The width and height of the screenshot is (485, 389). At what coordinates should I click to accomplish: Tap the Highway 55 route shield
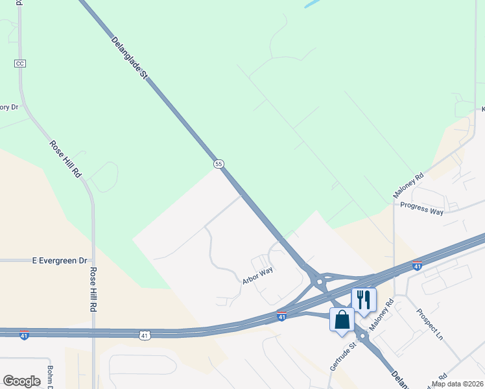pos(219,164)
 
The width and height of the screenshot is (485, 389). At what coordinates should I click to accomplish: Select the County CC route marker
pos(19,63)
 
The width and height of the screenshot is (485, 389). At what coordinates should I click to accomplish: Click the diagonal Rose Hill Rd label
pos(66,159)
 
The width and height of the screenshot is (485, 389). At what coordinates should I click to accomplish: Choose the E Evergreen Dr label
pos(60,261)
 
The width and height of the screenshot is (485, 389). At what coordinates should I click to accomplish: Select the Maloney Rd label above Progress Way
pos(408,185)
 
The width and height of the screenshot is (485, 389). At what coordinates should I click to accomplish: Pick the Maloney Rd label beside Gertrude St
pos(381,314)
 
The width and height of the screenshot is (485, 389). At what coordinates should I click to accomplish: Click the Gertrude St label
pos(343,355)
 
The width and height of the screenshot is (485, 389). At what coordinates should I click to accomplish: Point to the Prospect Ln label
pos(429,324)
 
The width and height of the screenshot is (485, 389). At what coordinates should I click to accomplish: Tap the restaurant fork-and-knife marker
pos(364,300)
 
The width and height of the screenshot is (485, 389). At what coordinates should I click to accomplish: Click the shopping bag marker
pos(342,319)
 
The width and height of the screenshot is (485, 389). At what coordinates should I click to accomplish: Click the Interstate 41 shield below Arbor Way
pos(281,316)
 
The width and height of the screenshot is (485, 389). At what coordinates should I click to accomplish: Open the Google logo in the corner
pos(22,381)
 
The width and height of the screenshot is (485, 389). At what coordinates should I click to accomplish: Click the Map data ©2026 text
pos(457,384)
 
